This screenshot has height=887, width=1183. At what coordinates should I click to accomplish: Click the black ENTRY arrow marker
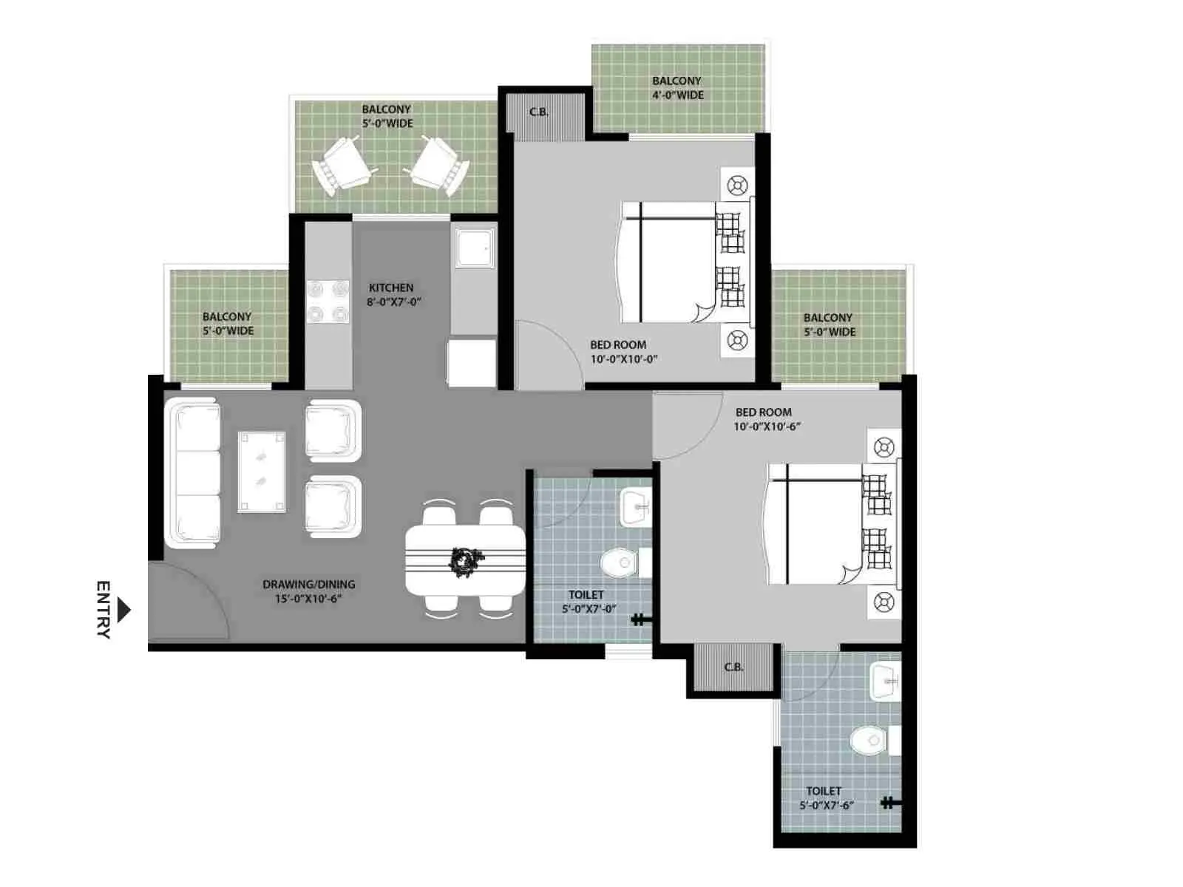point(124,610)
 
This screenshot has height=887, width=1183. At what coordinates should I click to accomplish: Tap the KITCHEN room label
point(390,288)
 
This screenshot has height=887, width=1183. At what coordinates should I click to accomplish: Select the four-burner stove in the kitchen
point(328,301)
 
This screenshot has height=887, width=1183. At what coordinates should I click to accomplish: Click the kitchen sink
point(474,248)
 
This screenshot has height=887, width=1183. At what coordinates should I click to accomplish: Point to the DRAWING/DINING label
point(308,585)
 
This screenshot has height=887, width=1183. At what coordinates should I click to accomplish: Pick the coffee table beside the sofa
point(262,472)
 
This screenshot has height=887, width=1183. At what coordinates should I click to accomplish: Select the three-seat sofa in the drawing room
point(192,473)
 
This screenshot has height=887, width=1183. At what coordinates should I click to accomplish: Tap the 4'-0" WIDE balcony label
point(678,95)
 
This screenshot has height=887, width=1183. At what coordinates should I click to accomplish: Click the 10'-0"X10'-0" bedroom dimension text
point(624,359)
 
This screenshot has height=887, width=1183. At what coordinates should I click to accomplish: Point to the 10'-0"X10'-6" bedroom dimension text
point(767,426)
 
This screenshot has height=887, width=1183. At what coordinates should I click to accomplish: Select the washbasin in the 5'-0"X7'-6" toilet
point(885,682)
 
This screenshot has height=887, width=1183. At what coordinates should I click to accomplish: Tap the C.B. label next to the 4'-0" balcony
point(539,112)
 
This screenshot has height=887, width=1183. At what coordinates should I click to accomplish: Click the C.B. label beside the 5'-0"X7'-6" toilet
point(733,667)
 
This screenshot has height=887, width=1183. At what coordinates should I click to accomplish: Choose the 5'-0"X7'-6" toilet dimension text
point(827,806)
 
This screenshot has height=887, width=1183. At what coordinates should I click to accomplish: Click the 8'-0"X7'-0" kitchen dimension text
point(393,302)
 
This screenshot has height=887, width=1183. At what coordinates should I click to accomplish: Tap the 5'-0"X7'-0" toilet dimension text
point(589,609)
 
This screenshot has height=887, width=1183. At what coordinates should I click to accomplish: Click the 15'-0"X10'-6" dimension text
point(308,599)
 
